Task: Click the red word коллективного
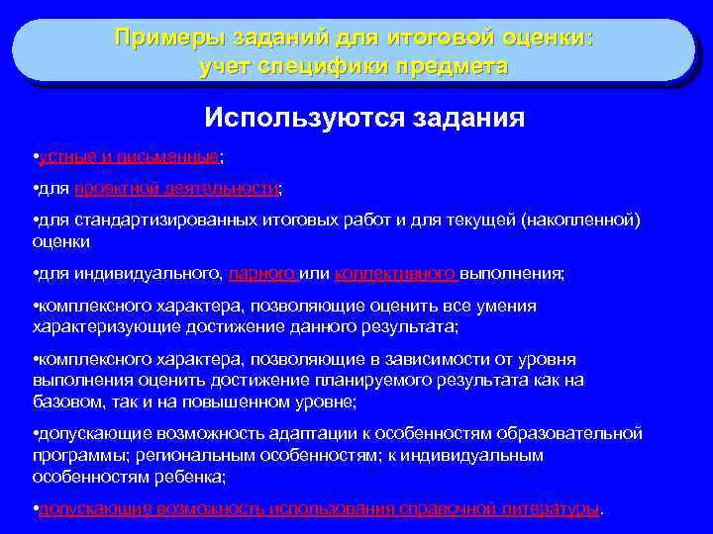pyautogui.click(x=395, y=273)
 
